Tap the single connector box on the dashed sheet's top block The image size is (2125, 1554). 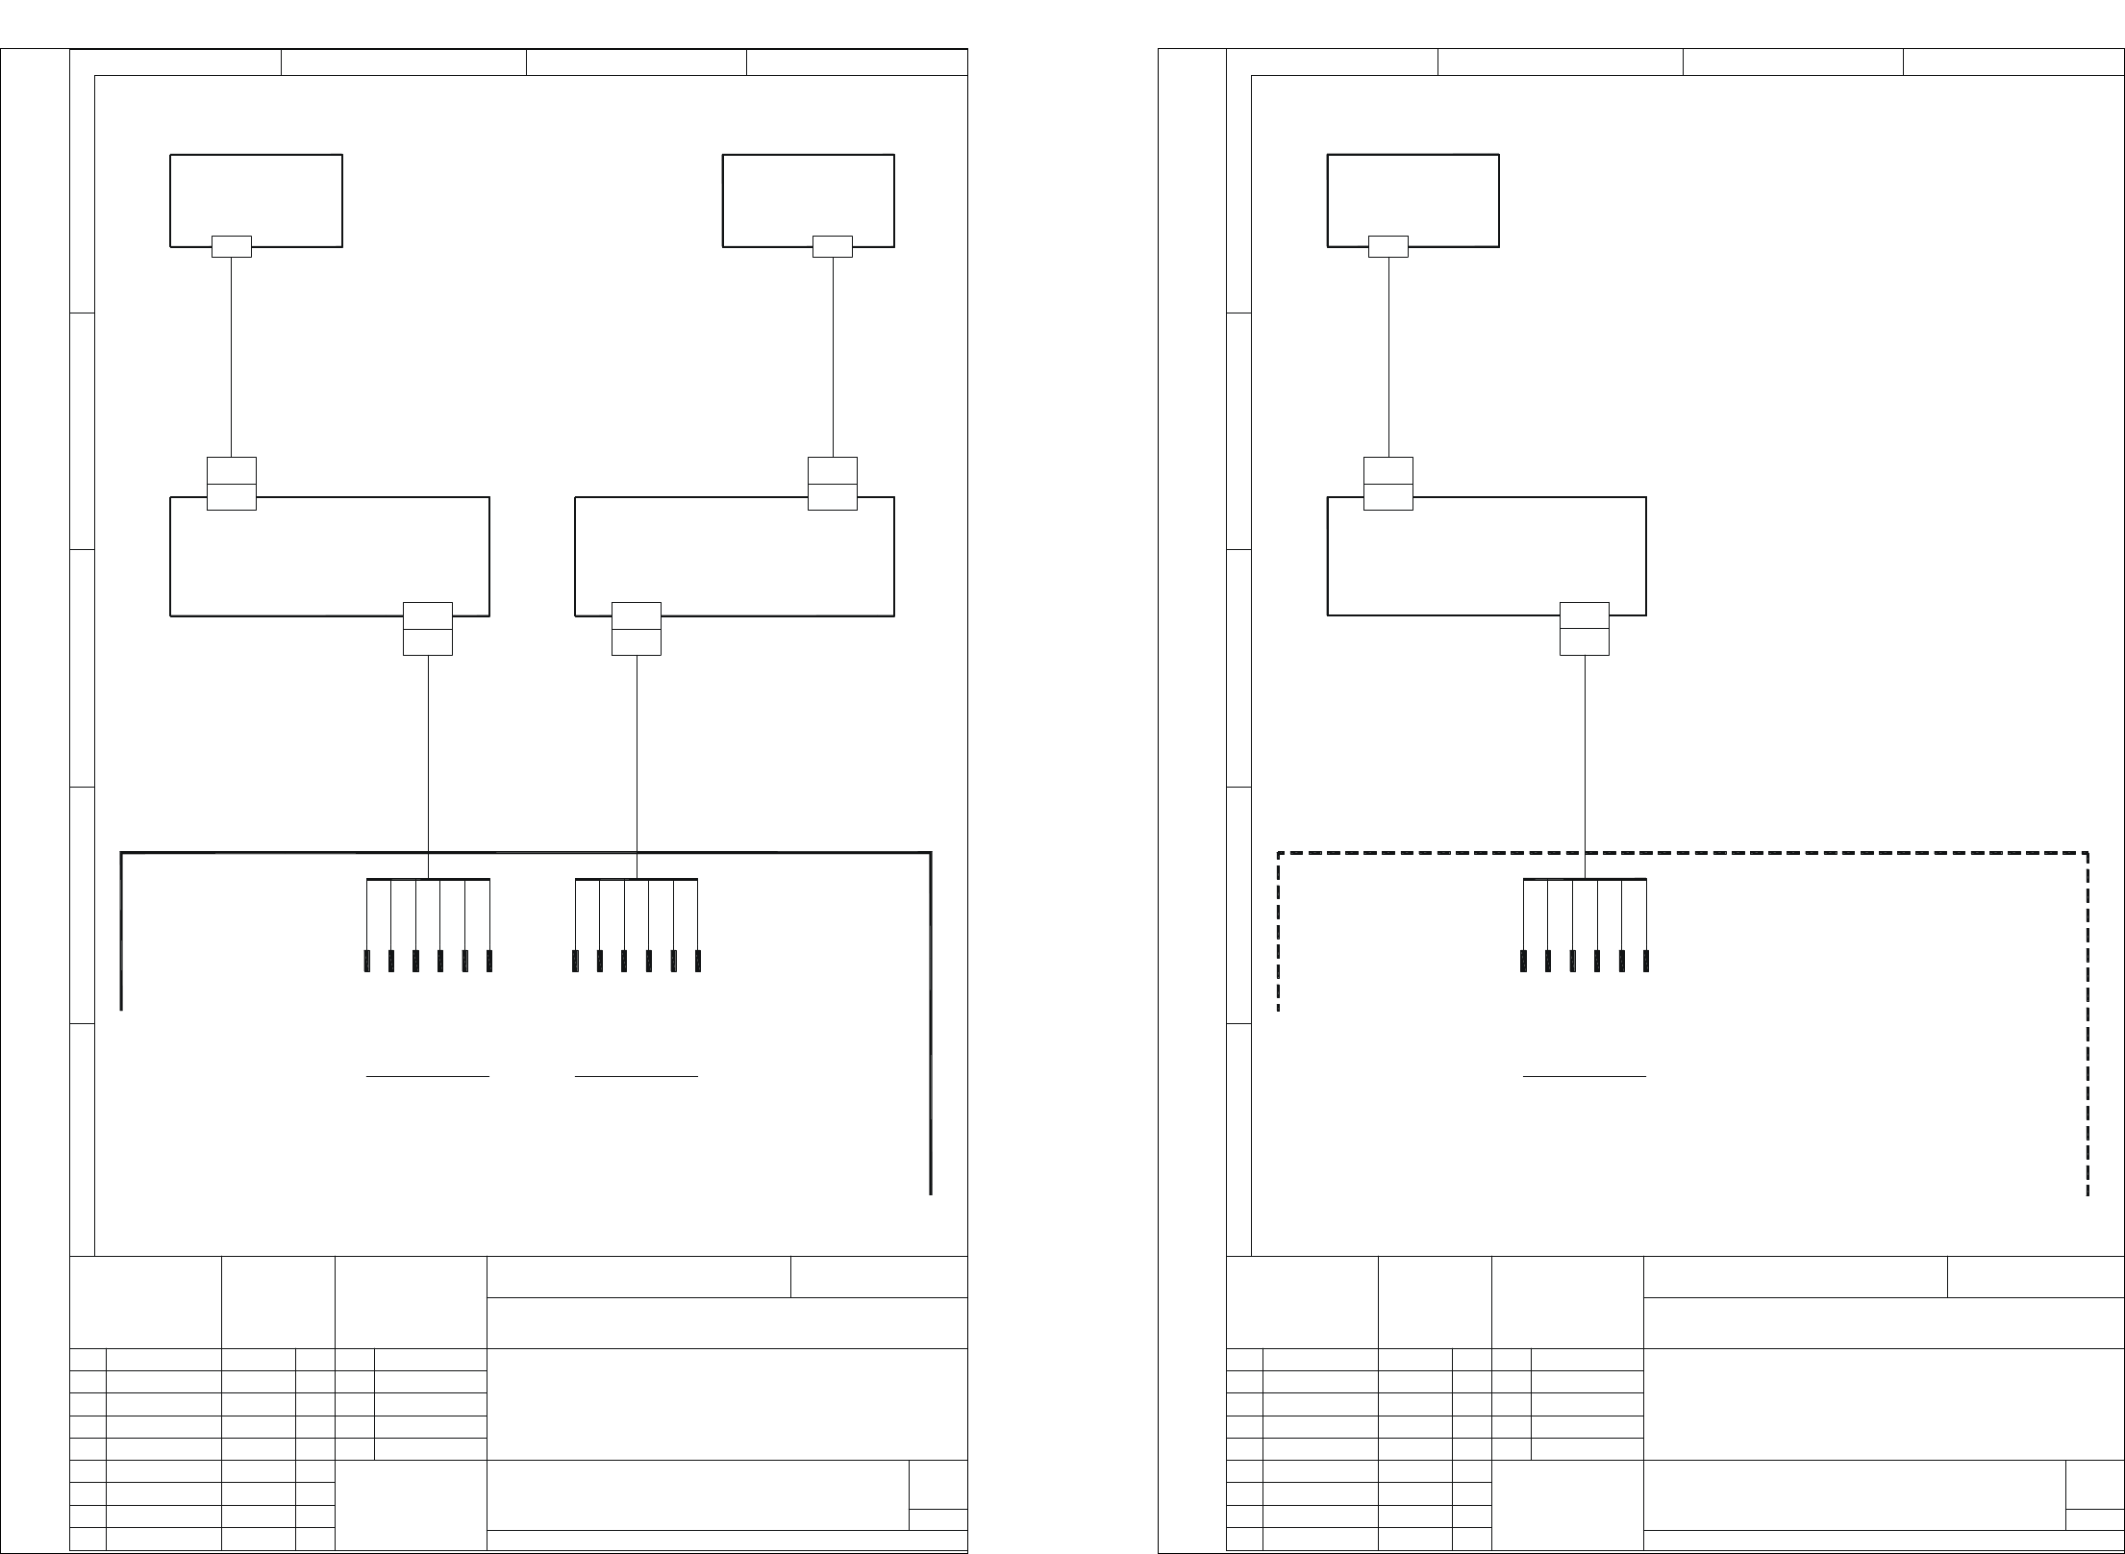[x=1387, y=247]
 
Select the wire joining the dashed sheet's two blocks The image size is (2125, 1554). [x=1388, y=356]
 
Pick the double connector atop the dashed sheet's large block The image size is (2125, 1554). [x=1387, y=483]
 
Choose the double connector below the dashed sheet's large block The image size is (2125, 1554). [x=1584, y=629]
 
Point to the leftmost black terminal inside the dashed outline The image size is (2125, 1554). [x=1524, y=960]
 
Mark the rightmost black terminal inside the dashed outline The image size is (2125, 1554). [x=1646, y=960]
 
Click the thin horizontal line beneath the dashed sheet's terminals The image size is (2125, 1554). [x=1585, y=1076]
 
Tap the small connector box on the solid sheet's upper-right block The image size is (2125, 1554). [x=832, y=247]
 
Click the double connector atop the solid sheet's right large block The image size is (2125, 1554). [x=832, y=483]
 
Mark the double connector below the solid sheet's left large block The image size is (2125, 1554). [x=427, y=629]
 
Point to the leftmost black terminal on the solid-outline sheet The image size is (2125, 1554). [x=366, y=960]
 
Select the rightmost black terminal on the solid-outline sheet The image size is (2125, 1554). [x=697, y=960]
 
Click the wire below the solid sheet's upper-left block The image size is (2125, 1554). [x=232, y=356]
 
